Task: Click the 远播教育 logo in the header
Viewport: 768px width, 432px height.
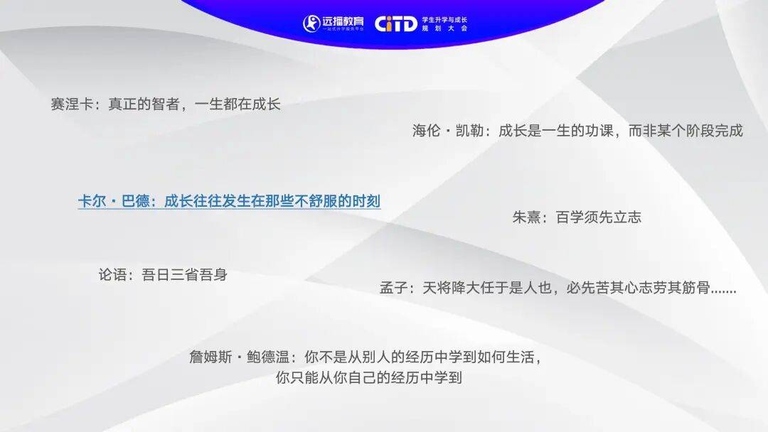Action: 333,23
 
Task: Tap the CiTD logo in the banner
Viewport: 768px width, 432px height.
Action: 396,23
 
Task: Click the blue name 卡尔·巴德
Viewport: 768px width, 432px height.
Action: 114,201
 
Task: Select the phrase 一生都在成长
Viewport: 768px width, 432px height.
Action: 238,104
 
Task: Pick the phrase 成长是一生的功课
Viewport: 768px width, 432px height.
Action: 556,131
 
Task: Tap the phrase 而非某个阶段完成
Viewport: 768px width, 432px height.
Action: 686,131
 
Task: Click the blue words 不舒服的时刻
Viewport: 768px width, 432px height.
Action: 338,201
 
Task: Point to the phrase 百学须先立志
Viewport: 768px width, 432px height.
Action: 599,217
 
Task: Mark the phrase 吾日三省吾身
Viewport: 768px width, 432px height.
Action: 185,274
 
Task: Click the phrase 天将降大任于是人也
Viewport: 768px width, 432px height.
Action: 487,288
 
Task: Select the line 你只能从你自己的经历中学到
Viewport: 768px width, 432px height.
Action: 369,378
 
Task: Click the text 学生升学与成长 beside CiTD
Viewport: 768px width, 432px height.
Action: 444,20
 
